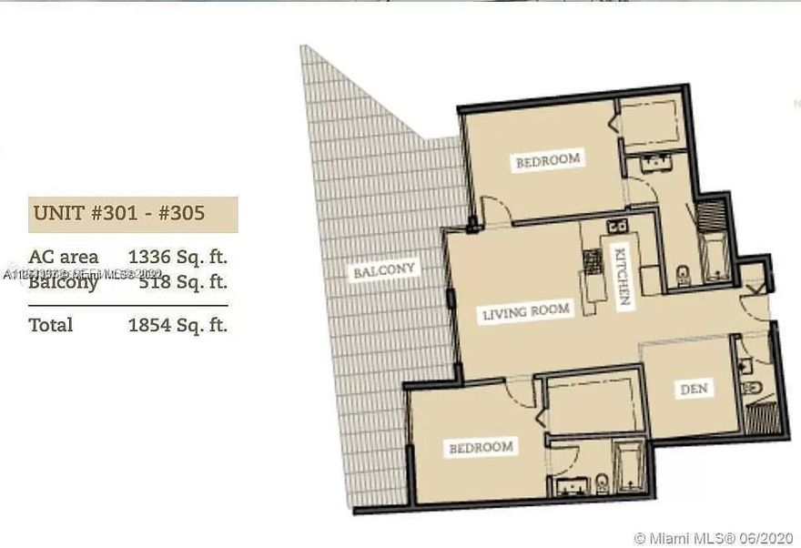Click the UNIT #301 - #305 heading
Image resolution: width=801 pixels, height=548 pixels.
tap(119, 215)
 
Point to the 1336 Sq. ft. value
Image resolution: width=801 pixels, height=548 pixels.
tap(177, 257)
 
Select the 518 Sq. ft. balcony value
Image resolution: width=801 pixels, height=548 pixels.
tap(182, 281)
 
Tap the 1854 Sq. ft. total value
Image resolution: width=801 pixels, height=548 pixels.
tap(177, 325)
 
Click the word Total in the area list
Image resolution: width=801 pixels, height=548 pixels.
tap(51, 325)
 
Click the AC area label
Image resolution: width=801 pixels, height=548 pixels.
tap(63, 257)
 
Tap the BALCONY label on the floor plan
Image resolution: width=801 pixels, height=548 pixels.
tap(384, 270)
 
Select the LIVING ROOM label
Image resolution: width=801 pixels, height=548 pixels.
tap(526, 311)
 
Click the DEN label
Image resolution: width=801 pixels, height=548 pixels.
tap(695, 389)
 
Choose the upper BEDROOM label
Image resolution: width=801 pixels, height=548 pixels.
tap(547, 160)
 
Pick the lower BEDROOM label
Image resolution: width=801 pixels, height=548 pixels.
tap(480, 447)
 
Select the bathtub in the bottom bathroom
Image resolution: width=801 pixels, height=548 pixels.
tap(628, 470)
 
